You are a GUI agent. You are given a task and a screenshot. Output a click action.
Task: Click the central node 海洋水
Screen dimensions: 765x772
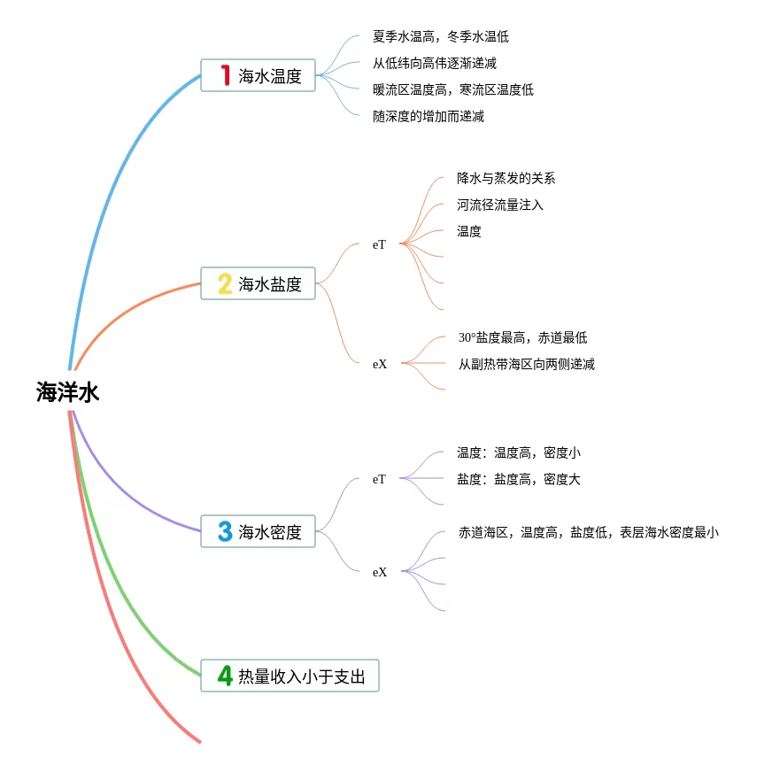click(x=68, y=392)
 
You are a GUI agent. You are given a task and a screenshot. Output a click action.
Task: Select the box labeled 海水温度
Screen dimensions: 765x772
click(x=258, y=76)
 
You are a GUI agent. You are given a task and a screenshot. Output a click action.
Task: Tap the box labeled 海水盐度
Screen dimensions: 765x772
click(x=258, y=283)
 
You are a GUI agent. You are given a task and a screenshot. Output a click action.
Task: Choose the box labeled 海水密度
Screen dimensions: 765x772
click(x=258, y=531)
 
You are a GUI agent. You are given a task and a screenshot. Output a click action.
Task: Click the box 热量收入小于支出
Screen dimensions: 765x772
click(x=289, y=676)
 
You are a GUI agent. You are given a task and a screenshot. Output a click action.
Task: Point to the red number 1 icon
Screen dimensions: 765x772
click(x=225, y=76)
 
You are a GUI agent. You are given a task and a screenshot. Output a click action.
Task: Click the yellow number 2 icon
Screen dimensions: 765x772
click(x=225, y=283)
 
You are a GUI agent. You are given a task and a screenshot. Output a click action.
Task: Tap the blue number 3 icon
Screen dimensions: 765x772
click(x=225, y=531)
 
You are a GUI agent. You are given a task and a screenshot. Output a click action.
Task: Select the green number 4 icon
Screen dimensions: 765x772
click(x=225, y=676)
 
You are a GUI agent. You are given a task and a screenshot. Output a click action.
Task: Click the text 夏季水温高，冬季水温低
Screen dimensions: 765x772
click(x=441, y=37)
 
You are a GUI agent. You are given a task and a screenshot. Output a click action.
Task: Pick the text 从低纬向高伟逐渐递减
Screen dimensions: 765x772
click(x=435, y=64)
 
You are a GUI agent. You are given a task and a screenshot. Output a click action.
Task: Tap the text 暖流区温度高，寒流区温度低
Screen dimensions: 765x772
click(x=453, y=89)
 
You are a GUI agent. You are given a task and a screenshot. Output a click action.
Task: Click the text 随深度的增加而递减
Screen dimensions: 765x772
click(x=428, y=116)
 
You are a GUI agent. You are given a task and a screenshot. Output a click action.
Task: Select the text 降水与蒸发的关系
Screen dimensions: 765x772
click(x=506, y=178)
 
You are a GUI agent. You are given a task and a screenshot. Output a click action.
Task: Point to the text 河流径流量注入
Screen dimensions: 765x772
click(x=500, y=205)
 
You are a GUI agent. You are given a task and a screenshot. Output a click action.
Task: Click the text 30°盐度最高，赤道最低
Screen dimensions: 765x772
click(x=522, y=337)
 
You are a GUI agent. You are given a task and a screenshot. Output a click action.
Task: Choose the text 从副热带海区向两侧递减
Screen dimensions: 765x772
click(x=526, y=364)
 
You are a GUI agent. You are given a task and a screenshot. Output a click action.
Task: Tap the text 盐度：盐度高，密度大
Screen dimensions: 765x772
click(x=519, y=479)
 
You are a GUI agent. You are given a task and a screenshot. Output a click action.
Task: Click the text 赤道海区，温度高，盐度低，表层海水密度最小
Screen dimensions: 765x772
click(x=588, y=532)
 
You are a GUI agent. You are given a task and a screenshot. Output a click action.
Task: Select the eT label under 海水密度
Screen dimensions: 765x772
click(x=379, y=479)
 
